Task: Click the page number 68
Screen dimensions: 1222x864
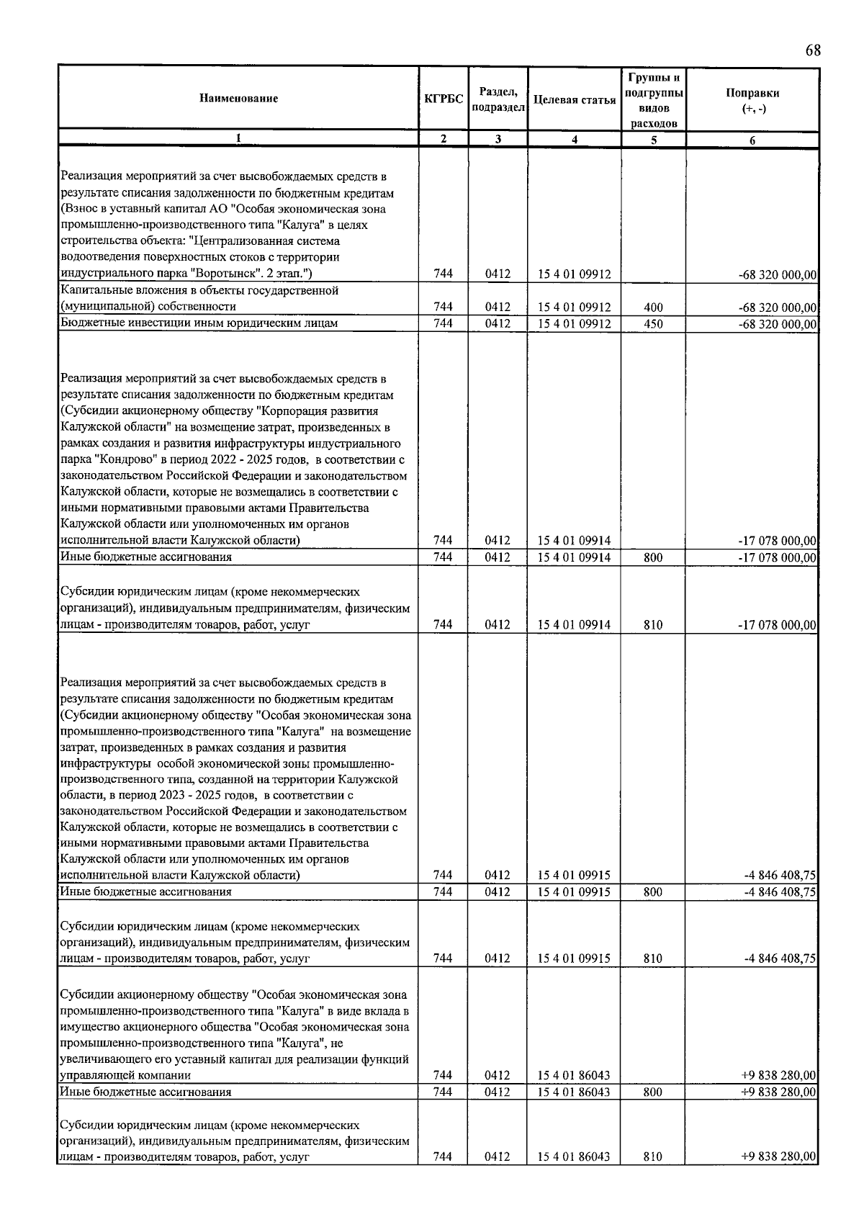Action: click(x=812, y=50)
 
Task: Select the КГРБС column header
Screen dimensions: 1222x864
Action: click(x=444, y=99)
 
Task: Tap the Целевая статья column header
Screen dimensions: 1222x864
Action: click(x=574, y=100)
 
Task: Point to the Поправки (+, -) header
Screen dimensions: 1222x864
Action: click(x=752, y=99)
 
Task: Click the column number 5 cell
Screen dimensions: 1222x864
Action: click(x=653, y=140)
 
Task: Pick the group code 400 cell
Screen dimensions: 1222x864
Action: click(x=653, y=307)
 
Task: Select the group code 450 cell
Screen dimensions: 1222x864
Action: click(x=653, y=324)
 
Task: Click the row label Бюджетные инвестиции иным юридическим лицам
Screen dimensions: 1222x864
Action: click(x=199, y=323)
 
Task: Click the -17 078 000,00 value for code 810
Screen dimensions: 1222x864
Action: click(x=778, y=625)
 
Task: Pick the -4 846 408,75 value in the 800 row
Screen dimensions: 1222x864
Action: click(x=780, y=892)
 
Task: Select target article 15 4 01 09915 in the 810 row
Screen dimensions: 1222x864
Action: click(x=574, y=959)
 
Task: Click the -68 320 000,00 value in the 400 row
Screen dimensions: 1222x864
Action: click(x=778, y=307)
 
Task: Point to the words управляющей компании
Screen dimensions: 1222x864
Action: click(x=125, y=1076)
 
